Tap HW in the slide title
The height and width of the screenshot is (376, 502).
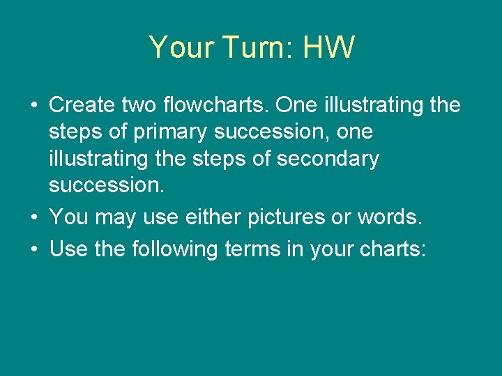330,48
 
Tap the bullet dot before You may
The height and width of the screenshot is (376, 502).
33,218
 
